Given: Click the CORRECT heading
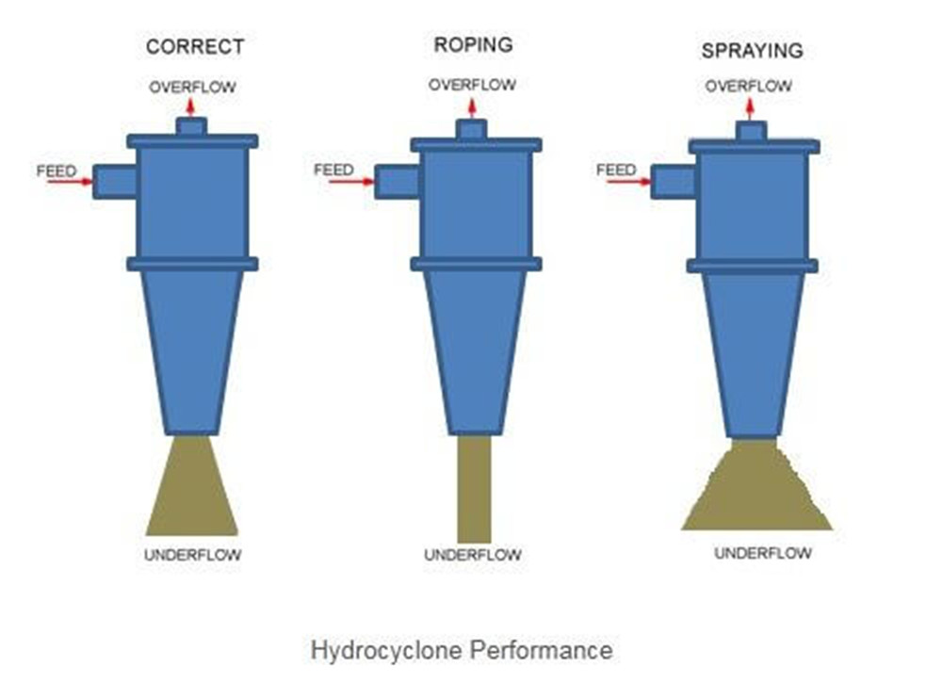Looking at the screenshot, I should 195,46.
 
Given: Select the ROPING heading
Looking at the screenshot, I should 473,44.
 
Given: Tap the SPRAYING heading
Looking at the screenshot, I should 751,50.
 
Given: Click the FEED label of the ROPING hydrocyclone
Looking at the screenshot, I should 333,170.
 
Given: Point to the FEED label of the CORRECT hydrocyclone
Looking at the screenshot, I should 56,171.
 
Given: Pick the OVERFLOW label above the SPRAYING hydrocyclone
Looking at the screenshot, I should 749,86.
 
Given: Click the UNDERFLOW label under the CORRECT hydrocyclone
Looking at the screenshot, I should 192,555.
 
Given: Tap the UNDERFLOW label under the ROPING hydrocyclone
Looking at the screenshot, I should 472,556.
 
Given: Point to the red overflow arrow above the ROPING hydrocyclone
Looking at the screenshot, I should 472,106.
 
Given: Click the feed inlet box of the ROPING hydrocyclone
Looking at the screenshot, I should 397,181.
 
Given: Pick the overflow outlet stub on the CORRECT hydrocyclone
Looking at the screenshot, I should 191,125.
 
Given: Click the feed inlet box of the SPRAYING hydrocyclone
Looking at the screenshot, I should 673,181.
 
